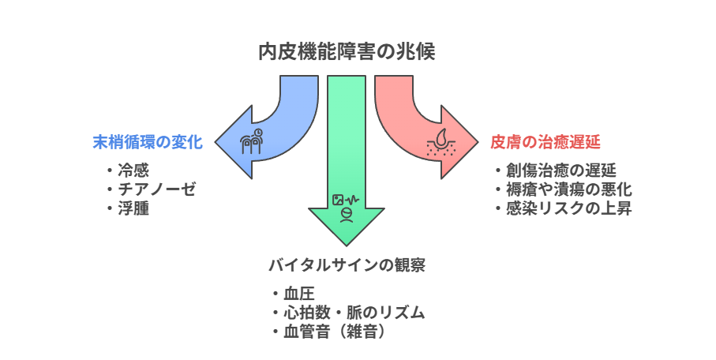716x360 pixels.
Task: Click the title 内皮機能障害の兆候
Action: point(347,51)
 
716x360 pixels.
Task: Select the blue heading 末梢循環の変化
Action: point(148,142)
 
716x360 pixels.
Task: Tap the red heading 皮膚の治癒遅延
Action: point(545,142)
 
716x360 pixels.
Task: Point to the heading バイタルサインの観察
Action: point(347,265)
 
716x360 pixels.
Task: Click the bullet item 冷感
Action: point(133,171)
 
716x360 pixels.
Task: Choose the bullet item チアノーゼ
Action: point(157,189)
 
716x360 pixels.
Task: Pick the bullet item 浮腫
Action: point(133,208)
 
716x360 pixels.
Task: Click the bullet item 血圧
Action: point(299,294)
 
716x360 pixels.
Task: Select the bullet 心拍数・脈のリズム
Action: point(354,313)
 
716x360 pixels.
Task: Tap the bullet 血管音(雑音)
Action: point(334,332)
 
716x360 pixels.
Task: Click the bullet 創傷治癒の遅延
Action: point(561,171)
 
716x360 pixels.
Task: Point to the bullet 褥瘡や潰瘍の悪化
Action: point(569,189)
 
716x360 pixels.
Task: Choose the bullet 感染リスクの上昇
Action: point(569,208)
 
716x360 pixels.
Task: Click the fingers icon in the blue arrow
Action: point(252,141)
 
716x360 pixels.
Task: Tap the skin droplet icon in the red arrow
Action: point(440,143)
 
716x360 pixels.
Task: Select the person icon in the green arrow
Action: point(347,215)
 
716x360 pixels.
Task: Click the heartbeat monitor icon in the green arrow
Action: point(346,200)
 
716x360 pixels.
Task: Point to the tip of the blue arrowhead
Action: point(215,142)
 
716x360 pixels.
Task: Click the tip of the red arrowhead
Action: point(478,142)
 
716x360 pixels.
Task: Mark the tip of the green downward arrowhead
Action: point(347,246)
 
